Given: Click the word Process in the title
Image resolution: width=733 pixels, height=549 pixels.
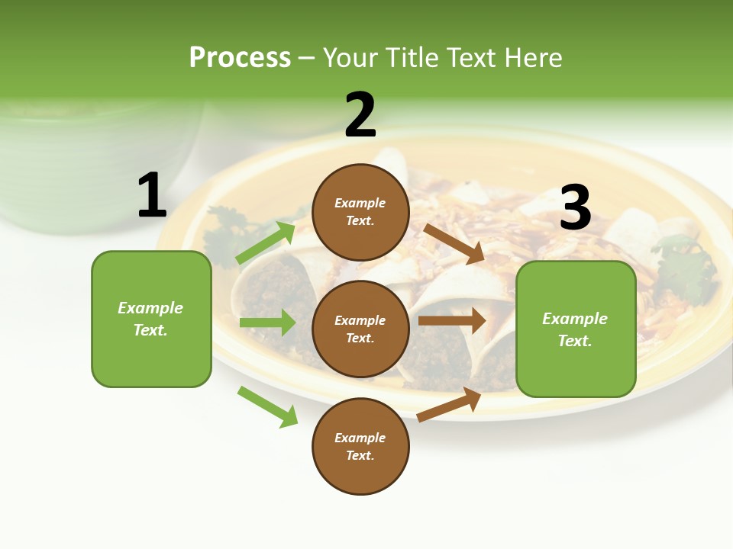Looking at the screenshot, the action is click(x=241, y=58).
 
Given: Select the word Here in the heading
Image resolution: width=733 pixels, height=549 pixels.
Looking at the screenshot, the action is click(x=534, y=57).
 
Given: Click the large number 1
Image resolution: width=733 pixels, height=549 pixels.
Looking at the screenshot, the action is click(x=152, y=194).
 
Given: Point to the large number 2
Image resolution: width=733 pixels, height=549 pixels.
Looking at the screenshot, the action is click(x=360, y=114).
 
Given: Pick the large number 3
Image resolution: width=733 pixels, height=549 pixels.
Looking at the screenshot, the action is click(x=576, y=207).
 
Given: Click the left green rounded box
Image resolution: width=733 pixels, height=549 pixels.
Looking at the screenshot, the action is click(x=151, y=319).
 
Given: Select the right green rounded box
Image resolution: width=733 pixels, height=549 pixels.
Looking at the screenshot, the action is click(x=576, y=329).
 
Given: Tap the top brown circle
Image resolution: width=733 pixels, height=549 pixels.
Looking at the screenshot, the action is click(x=360, y=212).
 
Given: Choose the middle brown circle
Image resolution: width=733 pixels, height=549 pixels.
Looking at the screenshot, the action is click(x=360, y=329).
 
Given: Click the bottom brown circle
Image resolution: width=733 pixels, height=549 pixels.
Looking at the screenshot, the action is click(x=360, y=446).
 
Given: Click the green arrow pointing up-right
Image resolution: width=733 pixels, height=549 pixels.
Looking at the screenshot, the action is click(x=266, y=242).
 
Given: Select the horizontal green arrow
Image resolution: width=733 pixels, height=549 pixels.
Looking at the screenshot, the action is click(x=268, y=322).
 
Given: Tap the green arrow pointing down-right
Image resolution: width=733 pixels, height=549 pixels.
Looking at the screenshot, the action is click(x=268, y=406).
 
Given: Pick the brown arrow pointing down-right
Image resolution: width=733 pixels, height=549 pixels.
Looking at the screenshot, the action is click(x=454, y=244).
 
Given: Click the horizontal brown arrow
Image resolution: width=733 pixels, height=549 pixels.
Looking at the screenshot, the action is click(x=452, y=320).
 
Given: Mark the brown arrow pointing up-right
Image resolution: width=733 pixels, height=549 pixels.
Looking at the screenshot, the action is click(x=449, y=405).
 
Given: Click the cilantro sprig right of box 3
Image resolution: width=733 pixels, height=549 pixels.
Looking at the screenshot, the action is click(x=686, y=269).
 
